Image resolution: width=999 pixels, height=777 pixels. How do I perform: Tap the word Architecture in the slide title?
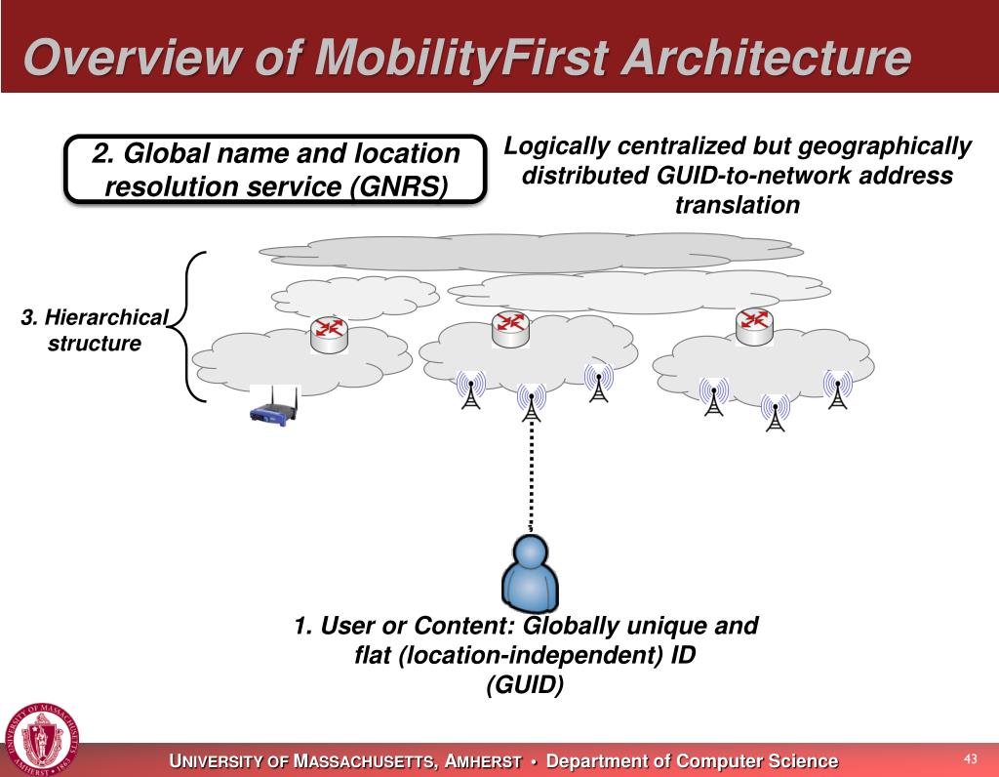768,59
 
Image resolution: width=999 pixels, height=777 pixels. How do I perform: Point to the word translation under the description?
737,205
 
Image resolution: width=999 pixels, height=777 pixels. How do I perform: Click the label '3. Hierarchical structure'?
95,331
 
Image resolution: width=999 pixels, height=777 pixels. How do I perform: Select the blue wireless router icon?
274,407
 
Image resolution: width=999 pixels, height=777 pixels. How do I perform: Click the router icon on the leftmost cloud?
329,335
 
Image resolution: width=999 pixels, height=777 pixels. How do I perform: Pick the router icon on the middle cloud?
510,328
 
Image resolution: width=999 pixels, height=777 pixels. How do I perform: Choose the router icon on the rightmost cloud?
753,326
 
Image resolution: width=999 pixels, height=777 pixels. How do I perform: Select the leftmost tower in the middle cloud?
471,390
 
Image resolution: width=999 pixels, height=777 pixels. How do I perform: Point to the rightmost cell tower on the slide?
837,388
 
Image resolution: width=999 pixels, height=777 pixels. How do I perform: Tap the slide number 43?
970,758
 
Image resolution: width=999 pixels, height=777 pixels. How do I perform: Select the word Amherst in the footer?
483,761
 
